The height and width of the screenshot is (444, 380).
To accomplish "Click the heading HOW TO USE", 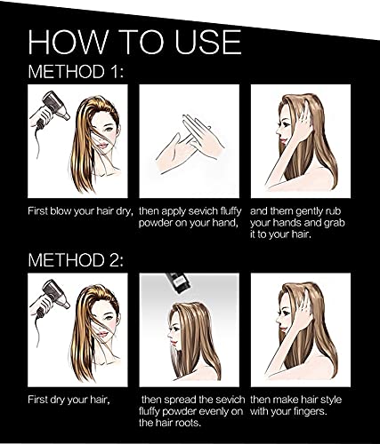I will [x=133, y=42].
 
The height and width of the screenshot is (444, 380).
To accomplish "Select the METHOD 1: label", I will [x=75, y=72].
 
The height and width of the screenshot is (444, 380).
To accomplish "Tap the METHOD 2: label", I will [x=77, y=262].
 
